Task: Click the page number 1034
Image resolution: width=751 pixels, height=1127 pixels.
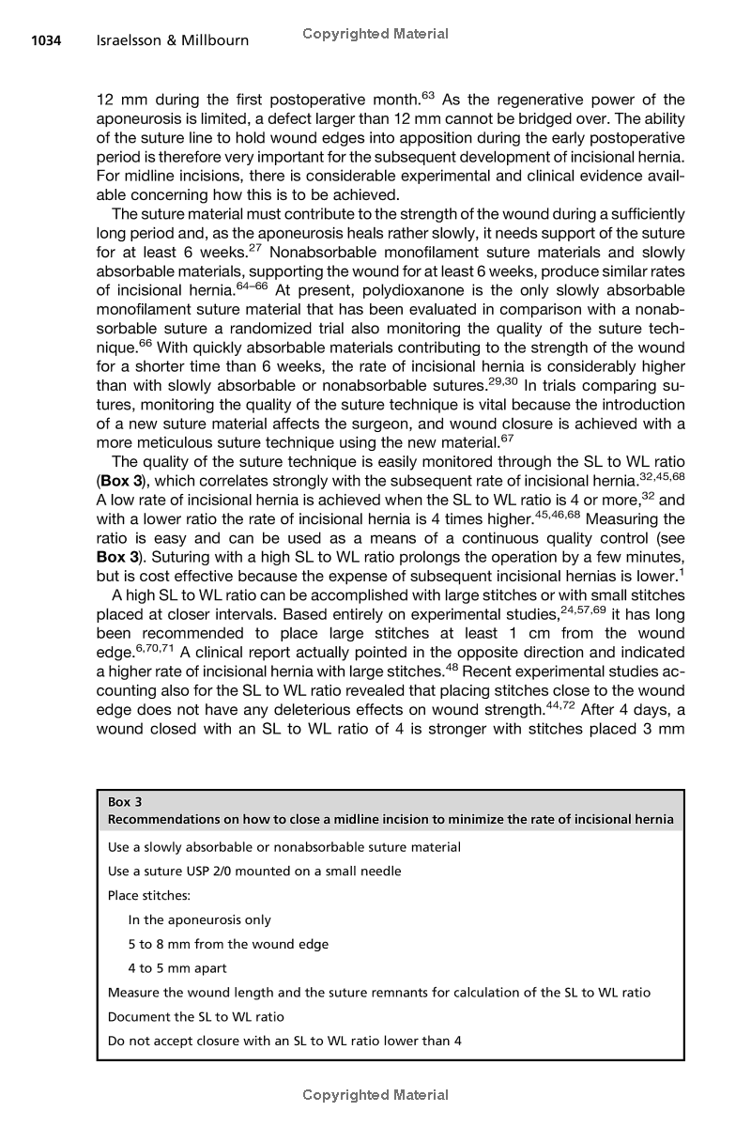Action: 46,40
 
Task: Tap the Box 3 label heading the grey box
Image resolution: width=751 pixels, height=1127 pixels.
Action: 119,802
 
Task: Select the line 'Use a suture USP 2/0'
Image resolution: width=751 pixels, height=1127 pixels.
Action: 254,871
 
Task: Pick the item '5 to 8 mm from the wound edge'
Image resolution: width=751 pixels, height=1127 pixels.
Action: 228,944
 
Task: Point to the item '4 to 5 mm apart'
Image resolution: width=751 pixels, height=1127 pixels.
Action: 177,967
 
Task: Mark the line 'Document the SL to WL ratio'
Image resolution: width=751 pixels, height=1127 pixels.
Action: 196,1016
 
